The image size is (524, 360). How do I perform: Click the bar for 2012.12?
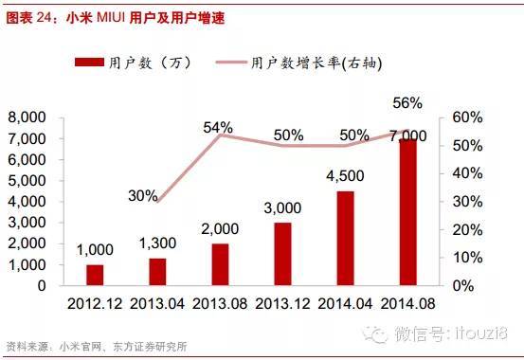click(95, 275)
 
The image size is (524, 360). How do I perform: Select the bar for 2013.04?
click(157, 272)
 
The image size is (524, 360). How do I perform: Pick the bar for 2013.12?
click(282, 254)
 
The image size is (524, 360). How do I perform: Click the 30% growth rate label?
click(142, 195)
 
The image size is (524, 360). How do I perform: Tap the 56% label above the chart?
click(407, 102)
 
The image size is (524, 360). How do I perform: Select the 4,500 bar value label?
click(346, 176)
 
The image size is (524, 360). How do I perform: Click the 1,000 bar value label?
click(95, 250)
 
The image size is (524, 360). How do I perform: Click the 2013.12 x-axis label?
click(282, 304)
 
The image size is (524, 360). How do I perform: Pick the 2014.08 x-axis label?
click(407, 304)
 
